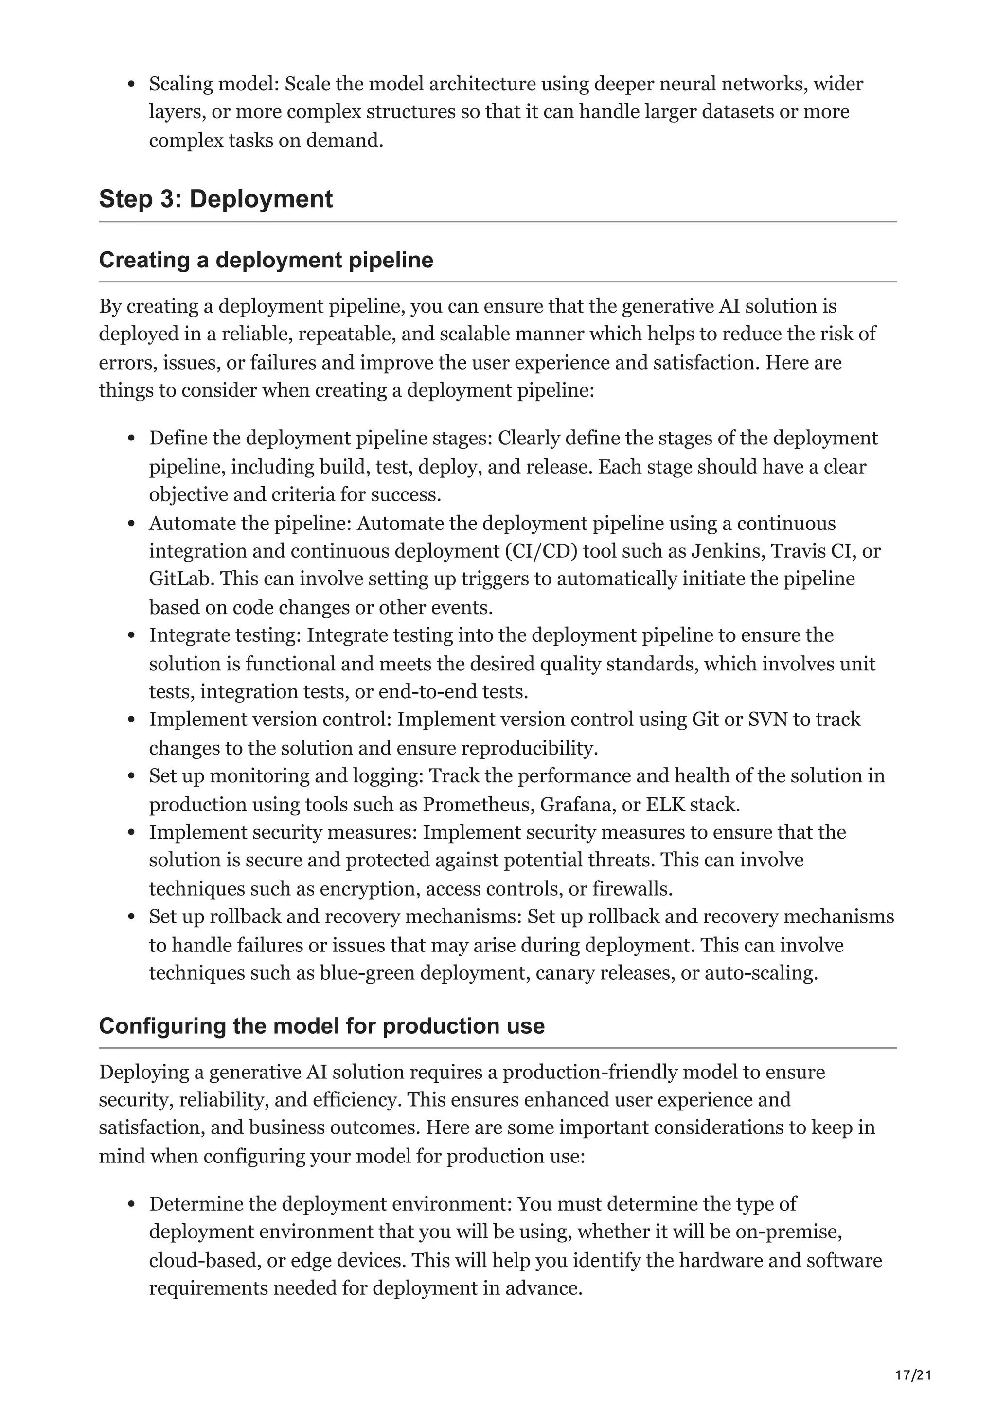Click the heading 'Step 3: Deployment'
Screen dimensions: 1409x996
(x=215, y=199)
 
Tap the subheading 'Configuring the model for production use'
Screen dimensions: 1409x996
(x=321, y=1026)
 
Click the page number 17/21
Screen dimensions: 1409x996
(x=913, y=1357)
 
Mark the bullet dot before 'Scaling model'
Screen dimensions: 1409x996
(x=131, y=85)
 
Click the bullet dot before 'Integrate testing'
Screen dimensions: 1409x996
(x=131, y=636)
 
